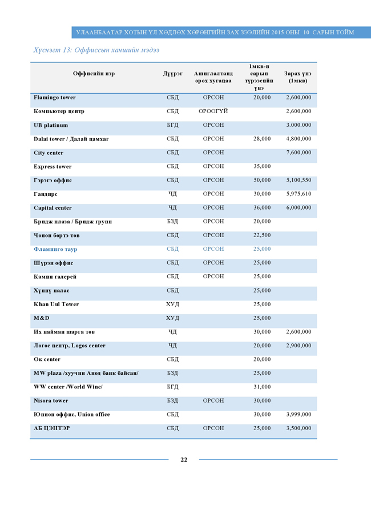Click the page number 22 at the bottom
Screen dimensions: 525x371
(184, 460)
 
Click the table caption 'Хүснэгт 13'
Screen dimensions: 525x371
(54, 50)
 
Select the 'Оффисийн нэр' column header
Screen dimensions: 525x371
(94, 74)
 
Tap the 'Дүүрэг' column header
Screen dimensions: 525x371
(172, 74)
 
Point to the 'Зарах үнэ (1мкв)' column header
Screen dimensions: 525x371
(297, 77)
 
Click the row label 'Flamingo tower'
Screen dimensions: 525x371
(55, 98)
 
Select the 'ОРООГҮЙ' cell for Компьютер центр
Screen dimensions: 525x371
(213, 111)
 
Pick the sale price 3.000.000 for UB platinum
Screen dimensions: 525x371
(299, 125)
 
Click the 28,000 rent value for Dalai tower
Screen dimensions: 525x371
(262, 139)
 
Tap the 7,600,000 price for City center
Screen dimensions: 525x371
(299, 153)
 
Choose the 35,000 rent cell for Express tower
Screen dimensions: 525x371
(262, 167)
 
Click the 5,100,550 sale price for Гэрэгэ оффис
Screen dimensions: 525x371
(299, 181)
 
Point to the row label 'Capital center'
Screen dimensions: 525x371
(53, 208)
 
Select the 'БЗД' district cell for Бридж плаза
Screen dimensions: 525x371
(172, 222)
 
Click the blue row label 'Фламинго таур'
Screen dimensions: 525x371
(55, 250)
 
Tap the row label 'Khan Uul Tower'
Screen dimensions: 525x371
(56, 304)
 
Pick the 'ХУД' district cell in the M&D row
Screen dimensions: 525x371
(172, 318)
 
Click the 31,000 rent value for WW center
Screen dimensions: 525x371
(262, 387)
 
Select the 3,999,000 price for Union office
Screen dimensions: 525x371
(299, 415)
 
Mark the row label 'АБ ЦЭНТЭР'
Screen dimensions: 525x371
(52, 428)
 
